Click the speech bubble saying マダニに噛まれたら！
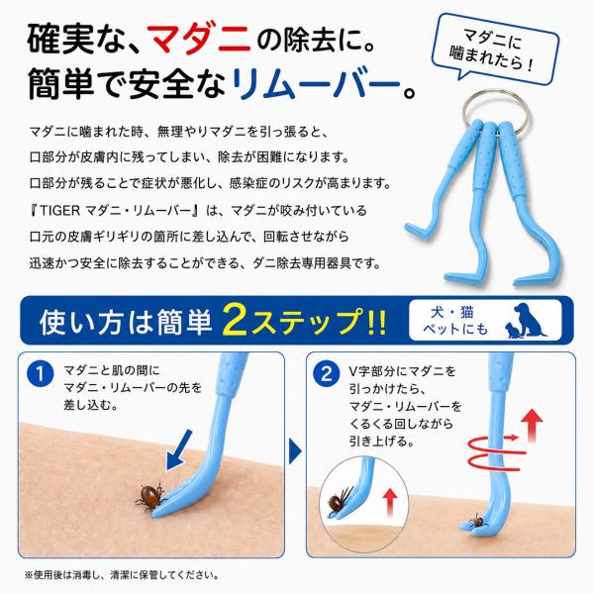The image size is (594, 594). point(497,49)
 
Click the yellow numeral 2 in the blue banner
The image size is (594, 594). point(236,321)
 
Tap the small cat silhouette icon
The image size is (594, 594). point(512,330)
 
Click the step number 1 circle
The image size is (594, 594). point(40,373)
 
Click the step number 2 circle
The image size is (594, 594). point(326,373)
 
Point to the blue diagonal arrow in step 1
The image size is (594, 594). point(179,450)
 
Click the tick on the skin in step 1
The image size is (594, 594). point(150,497)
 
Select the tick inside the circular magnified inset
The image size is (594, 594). point(340,499)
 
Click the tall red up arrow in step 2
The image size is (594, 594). point(532,426)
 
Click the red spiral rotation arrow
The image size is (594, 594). point(496,452)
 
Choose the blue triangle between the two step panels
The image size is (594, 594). point(295,451)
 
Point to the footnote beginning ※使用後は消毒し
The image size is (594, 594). point(122,575)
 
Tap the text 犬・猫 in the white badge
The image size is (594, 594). point(452,313)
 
